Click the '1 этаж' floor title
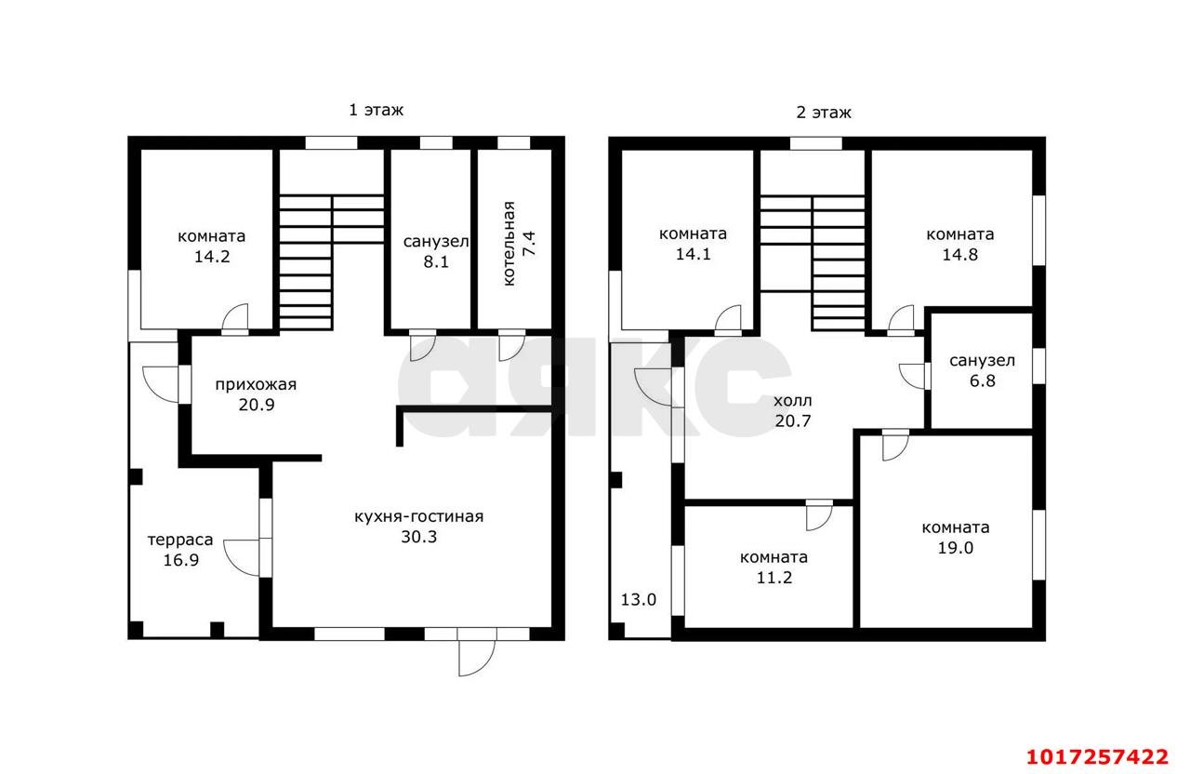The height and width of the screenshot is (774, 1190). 377,110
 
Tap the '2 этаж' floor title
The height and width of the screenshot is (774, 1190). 824,113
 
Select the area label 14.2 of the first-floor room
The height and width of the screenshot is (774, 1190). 212,257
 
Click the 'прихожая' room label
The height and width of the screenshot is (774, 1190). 256,385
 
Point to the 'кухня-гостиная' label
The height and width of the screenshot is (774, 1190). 419,516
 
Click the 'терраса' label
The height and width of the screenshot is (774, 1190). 180,540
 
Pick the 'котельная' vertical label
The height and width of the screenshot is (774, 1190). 509,244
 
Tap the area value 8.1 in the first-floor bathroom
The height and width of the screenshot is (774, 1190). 436,262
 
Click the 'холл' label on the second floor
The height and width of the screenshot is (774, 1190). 793,401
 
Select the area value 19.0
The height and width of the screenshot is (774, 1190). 955,548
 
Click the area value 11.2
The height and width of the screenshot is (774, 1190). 774,578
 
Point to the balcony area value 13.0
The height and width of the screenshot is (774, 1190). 639,600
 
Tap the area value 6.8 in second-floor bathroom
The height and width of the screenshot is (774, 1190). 983,380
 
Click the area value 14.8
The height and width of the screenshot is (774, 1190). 960,255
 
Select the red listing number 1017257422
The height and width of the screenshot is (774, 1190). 1097,756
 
